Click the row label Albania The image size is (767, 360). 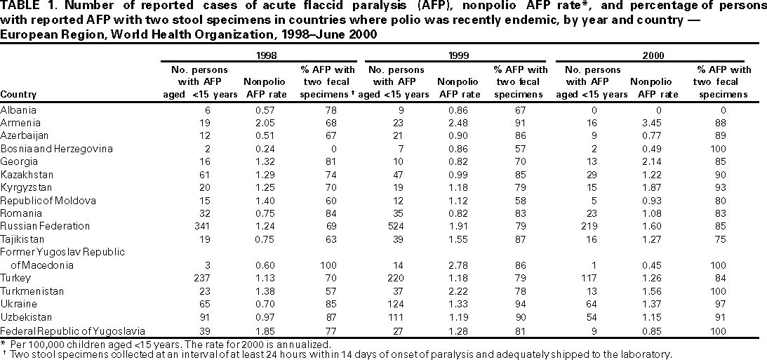pos(18,109)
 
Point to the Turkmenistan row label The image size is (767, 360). pos(32,291)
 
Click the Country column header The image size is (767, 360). pos(19,94)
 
